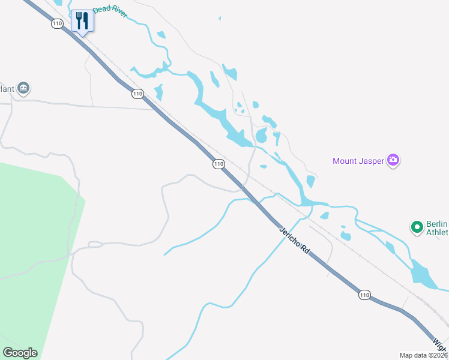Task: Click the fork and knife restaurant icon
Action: click(82, 21)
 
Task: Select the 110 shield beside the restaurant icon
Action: click(57, 24)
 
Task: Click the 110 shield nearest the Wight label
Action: click(365, 295)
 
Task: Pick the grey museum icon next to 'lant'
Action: click(23, 89)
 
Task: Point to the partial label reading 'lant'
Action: click(7, 89)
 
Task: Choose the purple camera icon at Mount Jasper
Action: click(393, 160)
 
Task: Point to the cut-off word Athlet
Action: click(437, 232)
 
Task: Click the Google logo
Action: click(20, 353)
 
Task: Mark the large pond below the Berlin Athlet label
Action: click(423, 273)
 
